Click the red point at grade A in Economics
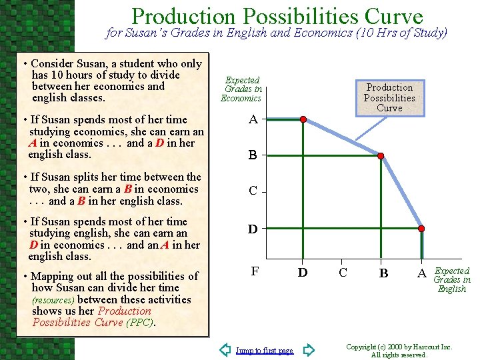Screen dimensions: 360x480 click(x=303, y=120)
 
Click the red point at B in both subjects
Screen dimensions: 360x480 click(x=381, y=156)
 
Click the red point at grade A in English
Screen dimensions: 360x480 click(x=421, y=228)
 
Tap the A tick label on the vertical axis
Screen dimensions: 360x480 click(x=253, y=120)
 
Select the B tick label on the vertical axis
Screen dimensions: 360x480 click(x=253, y=156)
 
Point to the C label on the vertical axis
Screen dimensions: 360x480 click(x=253, y=191)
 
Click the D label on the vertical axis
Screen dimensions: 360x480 click(x=253, y=229)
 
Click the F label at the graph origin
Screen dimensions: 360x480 click(x=254, y=272)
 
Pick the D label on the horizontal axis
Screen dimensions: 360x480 click(x=302, y=273)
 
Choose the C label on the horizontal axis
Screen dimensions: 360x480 click(x=343, y=273)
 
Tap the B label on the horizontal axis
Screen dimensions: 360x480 click(x=383, y=273)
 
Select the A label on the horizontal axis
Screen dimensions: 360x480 click(x=421, y=273)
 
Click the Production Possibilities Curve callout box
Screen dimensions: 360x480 click(x=389, y=97)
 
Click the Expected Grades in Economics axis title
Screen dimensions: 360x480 click(x=241, y=89)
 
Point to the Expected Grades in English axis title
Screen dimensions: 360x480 click(x=452, y=280)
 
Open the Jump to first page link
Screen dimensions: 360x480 click(x=265, y=351)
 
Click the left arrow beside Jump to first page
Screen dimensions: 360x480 click(x=225, y=350)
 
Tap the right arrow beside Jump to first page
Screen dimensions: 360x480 click(x=308, y=350)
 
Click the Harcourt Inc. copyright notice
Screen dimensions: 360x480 click(x=399, y=351)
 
